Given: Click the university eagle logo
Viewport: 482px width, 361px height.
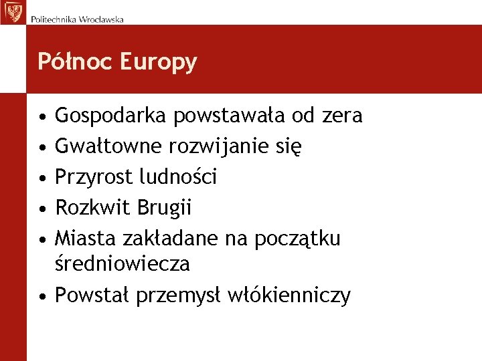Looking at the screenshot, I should (12, 11).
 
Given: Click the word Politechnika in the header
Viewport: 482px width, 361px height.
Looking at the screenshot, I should (53, 19).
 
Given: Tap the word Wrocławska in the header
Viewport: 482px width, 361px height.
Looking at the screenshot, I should (101, 19).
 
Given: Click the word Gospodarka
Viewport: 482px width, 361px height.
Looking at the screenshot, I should (111, 116).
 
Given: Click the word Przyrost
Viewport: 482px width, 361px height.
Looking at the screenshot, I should (94, 177).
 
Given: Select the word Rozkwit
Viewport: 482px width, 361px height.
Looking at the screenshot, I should (93, 208).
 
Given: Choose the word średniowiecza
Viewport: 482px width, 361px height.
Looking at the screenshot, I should (122, 264).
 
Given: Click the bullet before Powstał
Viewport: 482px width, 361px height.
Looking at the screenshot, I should (42, 295).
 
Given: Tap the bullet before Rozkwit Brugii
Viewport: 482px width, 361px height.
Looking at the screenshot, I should (42, 208).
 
